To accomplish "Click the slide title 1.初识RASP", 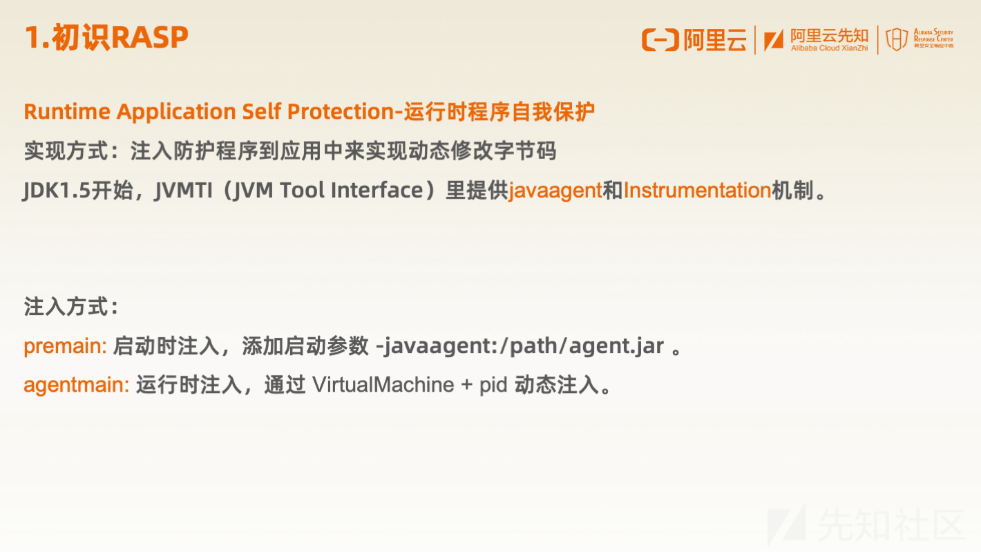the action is click(x=106, y=37).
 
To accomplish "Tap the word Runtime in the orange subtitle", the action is click(x=67, y=111).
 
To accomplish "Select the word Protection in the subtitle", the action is click(x=341, y=111).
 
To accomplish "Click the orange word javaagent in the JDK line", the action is click(x=555, y=191).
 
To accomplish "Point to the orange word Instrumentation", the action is click(x=697, y=190).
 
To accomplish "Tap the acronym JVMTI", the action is click(x=184, y=191).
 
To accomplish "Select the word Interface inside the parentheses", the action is click(x=377, y=190).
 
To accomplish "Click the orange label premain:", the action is click(x=65, y=347).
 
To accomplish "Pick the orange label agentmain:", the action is click(x=77, y=386).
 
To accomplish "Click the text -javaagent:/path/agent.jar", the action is click(x=520, y=347).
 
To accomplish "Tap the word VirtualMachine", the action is click(x=383, y=385).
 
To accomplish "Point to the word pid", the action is click(x=493, y=386).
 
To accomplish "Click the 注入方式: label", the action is click(x=71, y=306).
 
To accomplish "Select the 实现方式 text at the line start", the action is click(x=66, y=151).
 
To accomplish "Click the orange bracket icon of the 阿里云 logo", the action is click(x=660, y=40).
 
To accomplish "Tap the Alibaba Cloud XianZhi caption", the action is click(x=829, y=48).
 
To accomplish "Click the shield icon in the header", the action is click(x=897, y=39).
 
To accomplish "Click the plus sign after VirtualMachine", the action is click(x=467, y=385).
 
